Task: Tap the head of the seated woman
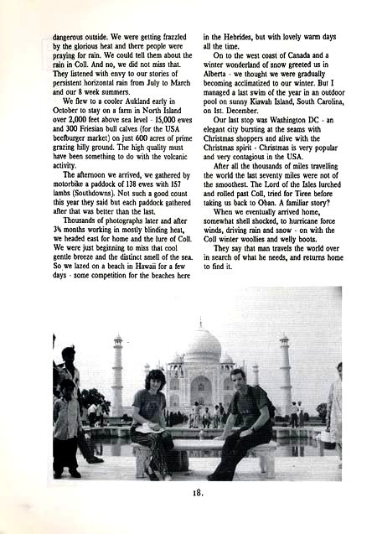point(156,379)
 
